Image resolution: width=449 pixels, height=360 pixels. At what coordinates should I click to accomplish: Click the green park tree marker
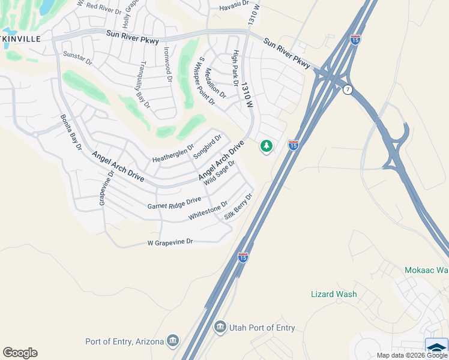(x=266, y=146)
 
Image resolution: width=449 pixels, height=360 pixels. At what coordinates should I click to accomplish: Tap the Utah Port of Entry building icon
(x=220, y=328)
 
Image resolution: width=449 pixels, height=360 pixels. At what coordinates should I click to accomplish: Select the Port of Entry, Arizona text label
(x=125, y=341)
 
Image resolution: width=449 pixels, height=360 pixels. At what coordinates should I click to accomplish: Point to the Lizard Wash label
(x=334, y=294)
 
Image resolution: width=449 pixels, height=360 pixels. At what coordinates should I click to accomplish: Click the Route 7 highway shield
(x=348, y=89)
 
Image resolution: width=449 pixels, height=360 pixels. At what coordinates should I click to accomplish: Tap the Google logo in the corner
(x=20, y=353)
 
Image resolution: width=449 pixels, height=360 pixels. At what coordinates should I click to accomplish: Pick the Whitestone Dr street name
(x=208, y=211)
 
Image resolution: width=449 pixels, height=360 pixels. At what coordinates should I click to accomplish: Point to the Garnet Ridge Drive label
(x=174, y=203)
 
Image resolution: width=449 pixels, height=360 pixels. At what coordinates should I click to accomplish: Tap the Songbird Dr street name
(x=207, y=146)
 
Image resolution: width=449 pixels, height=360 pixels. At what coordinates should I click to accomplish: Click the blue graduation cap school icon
(x=436, y=347)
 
